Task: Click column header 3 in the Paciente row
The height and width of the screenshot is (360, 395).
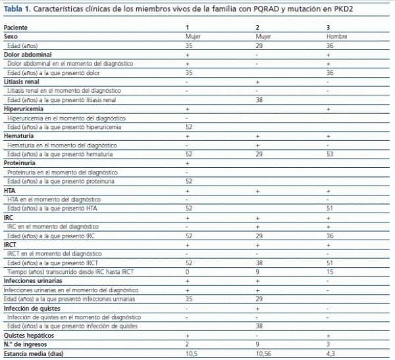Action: click(x=329, y=27)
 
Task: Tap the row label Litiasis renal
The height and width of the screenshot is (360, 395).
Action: click(x=22, y=82)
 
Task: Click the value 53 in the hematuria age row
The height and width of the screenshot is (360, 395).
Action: click(x=330, y=154)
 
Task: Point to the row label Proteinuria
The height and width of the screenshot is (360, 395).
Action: click(x=20, y=163)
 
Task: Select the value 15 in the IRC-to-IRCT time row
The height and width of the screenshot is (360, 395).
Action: click(x=330, y=271)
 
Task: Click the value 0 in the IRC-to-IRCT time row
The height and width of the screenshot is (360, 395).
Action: click(x=188, y=271)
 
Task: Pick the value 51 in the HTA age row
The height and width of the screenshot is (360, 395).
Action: click(x=330, y=208)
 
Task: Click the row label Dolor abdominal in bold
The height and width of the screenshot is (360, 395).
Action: click(x=27, y=55)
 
